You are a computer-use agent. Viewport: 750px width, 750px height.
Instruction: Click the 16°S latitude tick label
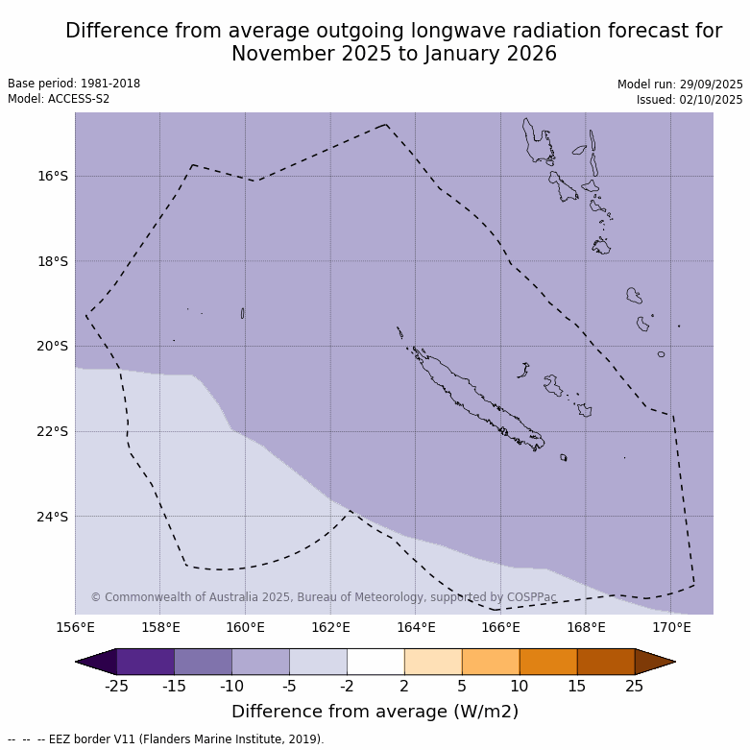[53, 176]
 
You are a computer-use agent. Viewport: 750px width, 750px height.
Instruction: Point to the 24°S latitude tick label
[53, 517]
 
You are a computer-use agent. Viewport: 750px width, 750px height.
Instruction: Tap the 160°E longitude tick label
[245, 628]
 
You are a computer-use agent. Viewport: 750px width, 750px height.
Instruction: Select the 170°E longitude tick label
[671, 628]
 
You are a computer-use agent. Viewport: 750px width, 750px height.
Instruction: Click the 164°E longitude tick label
[416, 628]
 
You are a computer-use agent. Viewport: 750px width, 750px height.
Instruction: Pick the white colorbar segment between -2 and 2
[375, 662]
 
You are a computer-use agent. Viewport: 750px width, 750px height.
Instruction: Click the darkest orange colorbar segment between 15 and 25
[606, 662]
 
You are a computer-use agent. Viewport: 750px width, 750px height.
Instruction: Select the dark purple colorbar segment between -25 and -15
[145, 662]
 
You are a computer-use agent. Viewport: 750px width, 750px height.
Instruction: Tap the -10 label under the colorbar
[231, 686]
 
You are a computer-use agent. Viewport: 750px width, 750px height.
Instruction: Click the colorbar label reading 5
[462, 686]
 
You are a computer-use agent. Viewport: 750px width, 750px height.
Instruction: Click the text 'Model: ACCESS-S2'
[59, 99]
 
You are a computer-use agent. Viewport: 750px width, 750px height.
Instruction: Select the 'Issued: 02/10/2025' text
[690, 100]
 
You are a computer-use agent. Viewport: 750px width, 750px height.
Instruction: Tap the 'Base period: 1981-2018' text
[74, 84]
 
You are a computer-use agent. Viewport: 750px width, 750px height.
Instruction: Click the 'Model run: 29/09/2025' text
[680, 85]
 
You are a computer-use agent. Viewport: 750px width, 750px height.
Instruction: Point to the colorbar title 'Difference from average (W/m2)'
[375, 712]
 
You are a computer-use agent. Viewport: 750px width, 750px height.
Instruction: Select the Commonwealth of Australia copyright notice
[324, 597]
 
